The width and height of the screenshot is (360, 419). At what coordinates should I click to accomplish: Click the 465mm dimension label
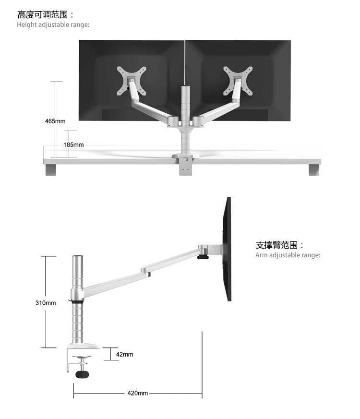click(x=55, y=121)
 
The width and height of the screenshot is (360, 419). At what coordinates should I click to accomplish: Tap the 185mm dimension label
click(x=74, y=144)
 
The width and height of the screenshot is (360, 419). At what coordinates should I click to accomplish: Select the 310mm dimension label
click(x=46, y=303)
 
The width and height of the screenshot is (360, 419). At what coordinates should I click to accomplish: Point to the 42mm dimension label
click(x=124, y=354)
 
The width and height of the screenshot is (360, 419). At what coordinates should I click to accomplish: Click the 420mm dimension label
click(x=137, y=393)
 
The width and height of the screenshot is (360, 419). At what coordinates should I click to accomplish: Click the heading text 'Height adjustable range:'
click(x=53, y=24)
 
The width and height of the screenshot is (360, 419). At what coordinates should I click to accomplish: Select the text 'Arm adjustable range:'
click(x=288, y=255)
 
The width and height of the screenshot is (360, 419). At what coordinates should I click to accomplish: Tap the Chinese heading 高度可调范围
click(x=46, y=15)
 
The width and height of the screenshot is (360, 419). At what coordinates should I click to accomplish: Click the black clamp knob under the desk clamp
click(x=83, y=373)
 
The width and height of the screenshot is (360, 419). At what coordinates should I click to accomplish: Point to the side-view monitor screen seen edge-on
click(x=228, y=250)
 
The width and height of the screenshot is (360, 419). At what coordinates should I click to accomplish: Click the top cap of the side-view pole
click(x=77, y=258)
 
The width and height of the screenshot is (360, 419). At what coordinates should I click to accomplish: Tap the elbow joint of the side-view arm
click(x=145, y=272)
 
